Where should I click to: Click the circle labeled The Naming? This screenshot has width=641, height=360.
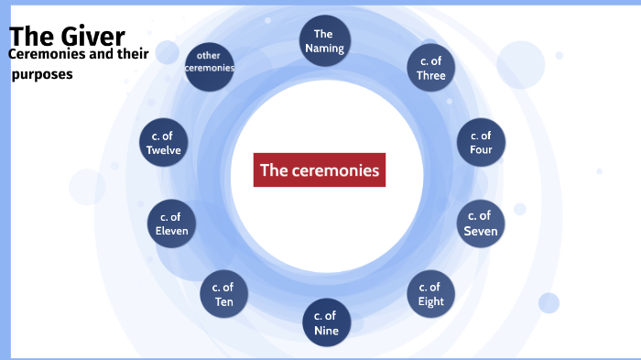coord(323,41)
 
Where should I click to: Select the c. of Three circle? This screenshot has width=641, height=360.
coord(430,69)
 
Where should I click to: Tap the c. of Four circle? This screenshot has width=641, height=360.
coord(481,143)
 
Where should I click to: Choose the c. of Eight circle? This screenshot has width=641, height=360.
coord(430,294)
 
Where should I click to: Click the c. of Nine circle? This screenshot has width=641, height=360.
coord(324,323)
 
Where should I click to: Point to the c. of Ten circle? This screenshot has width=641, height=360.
coord(223,294)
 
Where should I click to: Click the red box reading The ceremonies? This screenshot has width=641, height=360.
coord(319,169)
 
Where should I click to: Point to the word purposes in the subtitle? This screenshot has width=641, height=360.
coord(42,74)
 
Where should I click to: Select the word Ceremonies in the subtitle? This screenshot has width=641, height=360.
coord(44,54)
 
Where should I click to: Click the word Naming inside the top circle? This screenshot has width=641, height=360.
coord(323,49)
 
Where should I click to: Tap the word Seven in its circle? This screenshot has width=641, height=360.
coord(481,231)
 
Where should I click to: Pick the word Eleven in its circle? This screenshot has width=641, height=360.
coord(172,231)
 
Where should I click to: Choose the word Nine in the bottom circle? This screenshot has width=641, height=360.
coord(324,331)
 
